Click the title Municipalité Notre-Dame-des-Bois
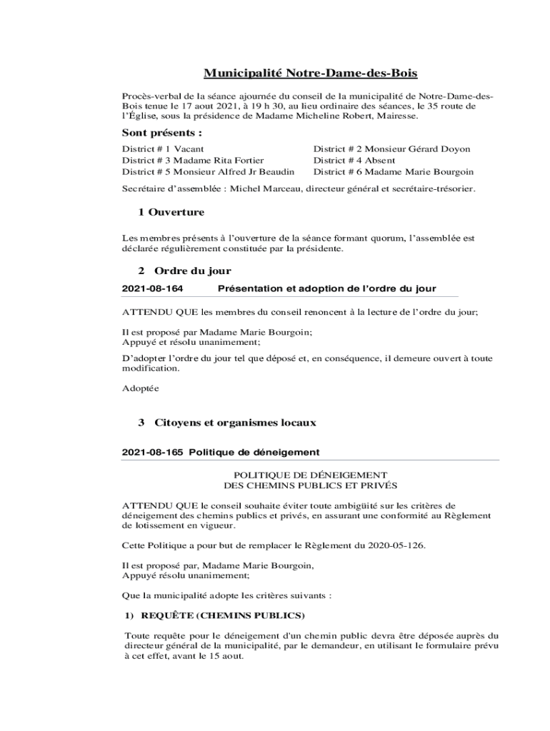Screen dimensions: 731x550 tap(311, 74)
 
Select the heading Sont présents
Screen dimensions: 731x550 tap(161, 133)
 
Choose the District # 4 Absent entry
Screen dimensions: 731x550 tap(354, 161)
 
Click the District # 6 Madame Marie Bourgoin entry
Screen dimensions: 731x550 tap(394, 172)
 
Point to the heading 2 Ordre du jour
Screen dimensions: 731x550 tap(184, 271)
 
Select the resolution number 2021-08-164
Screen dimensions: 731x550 tap(153, 288)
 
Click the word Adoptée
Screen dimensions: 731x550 tap(140, 389)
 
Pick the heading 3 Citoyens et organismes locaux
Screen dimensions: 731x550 tap(227, 423)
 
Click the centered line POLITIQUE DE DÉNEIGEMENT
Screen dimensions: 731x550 tap(311, 475)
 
